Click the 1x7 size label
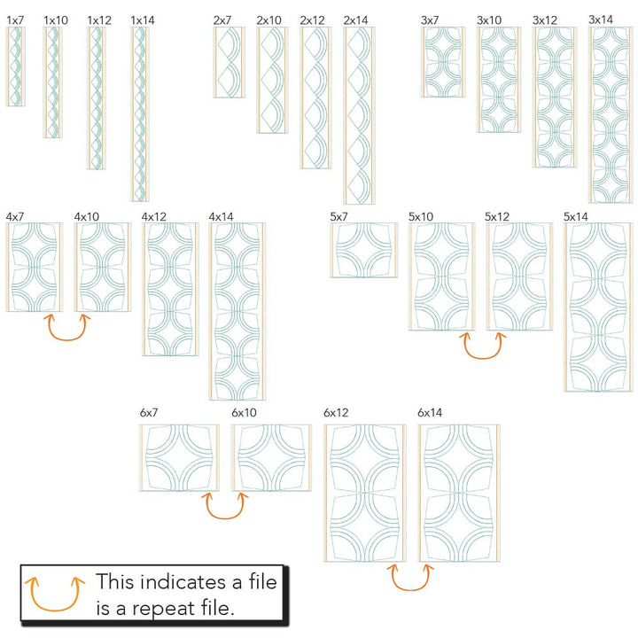click(x=15, y=19)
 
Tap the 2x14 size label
click(x=355, y=19)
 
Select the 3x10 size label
click(x=489, y=19)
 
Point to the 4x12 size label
click(x=154, y=216)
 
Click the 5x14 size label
click(x=576, y=216)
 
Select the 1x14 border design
click(x=139, y=113)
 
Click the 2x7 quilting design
click(x=230, y=62)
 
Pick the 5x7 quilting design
click(x=363, y=250)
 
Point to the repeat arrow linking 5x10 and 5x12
click(x=482, y=346)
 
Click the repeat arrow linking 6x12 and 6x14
click(x=412, y=577)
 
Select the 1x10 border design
click(x=54, y=82)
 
